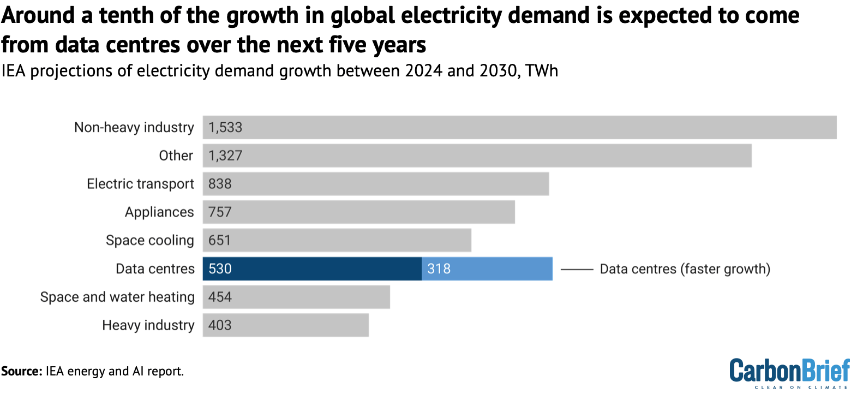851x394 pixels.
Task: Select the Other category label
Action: click(x=176, y=156)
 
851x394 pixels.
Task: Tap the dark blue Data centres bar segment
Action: click(x=312, y=269)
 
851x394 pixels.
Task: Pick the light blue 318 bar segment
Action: click(x=487, y=269)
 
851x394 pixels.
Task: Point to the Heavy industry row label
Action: click(x=148, y=325)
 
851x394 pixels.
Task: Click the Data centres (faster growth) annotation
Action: click(x=685, y=269)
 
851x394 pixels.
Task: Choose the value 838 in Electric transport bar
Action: click(x=220, y=184)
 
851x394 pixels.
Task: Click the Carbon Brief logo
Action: click(x=789, y=373)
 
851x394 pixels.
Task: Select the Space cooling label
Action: click(x=149, y=241)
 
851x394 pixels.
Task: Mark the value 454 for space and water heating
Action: click(x=220, y=297)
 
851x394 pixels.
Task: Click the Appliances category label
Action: click(x=159, y=212)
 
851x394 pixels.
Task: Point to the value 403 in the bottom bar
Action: click(x=220, y=325)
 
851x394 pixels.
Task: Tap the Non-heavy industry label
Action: click(x=134, y=128)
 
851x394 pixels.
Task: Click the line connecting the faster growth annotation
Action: click(x=577, y=270)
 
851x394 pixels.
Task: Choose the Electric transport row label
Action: click(x=140, y=184)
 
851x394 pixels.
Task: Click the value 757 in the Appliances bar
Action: click(x=220, y=212)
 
